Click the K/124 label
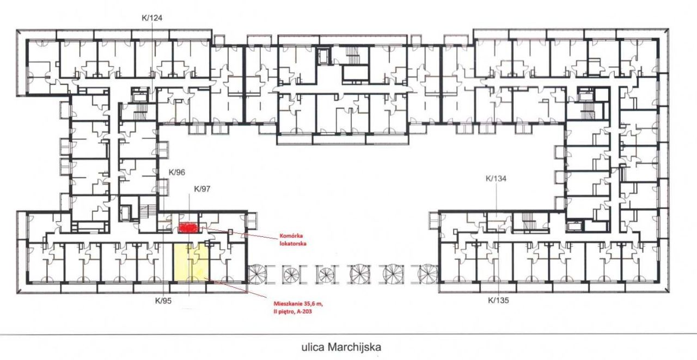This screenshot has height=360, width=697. tap(152, 18)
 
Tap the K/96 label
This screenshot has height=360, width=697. tap(177, 172)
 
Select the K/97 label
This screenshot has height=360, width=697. tap(202, 189)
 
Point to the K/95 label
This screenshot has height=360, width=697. tap(163, 301)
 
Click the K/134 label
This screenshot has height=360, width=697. tap(496, 178)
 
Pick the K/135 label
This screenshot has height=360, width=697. tap(498, 300)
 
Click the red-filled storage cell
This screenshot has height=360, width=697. tap(187, 228)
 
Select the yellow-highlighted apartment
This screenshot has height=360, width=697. tap(191, 263)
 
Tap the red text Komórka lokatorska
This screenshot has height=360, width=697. tap(293, 240)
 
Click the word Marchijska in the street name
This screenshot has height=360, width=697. tap(354, 347)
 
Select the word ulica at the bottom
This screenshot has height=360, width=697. tap(313, 347)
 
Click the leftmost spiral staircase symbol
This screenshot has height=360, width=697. tap(258, 274)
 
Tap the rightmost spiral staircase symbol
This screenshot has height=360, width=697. tap(428, 274)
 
